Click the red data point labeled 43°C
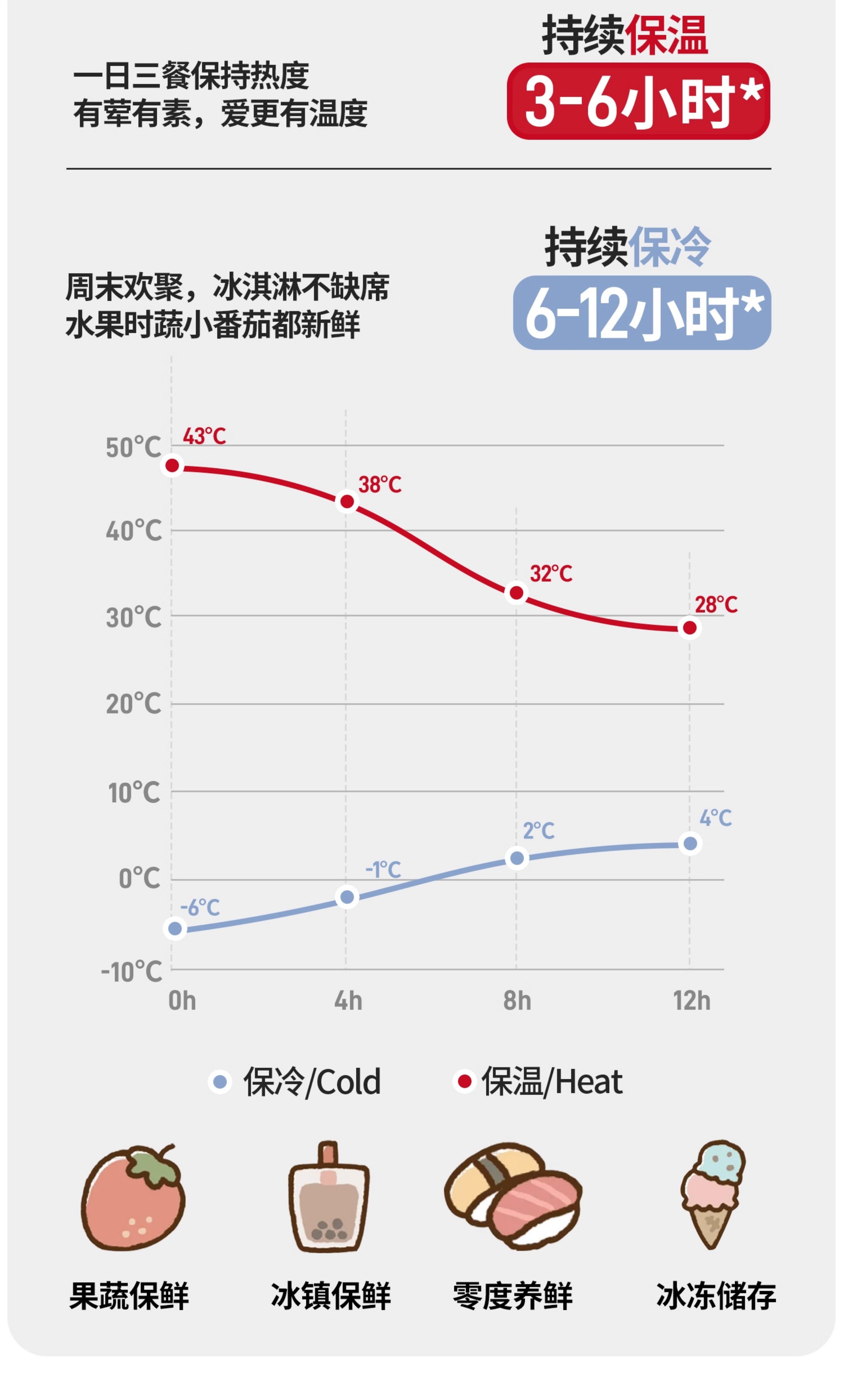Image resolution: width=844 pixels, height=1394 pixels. [173, 466]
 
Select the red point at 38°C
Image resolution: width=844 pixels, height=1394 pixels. [347, 501]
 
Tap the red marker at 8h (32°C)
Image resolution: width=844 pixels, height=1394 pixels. [516, 592]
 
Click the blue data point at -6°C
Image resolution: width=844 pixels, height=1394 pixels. [175, 928]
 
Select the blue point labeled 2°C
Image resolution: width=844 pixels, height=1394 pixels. [517, 858]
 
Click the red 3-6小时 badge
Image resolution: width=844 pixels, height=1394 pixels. [638, 101]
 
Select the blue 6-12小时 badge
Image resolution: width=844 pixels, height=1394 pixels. [642, 313]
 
